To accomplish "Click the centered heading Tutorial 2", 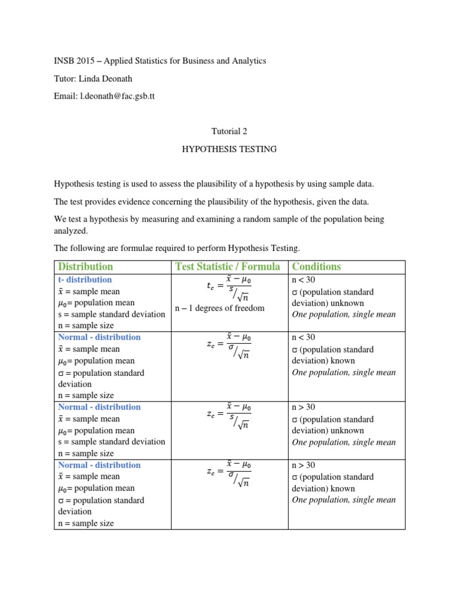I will coord(229,131).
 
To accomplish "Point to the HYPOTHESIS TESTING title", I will coord(229,149).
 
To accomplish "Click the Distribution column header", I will coord(85,267).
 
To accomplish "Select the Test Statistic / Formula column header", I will coord(228,267).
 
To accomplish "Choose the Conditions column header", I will coord(316,267).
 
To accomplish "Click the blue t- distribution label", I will coord(85,280).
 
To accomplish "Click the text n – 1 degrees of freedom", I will coord(219,308).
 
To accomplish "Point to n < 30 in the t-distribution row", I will coord(304,280).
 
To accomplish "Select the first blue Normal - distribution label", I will coord(99,337).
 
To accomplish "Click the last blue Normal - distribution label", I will coord(99,465).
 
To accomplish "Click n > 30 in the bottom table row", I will coord(304,465).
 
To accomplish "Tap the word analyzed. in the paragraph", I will coord(71,231).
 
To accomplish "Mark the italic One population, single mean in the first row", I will coord(344,314).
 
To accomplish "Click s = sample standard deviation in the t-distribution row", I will coord(109,314).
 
